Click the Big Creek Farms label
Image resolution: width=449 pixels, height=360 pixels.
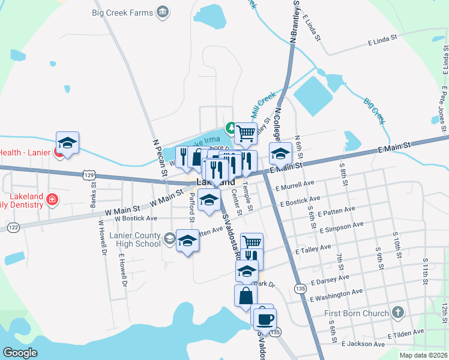tap(122, 11)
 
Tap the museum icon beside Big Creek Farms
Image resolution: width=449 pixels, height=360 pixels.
tap(161, 12)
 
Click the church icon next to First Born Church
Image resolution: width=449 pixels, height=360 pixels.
tap(397, 313)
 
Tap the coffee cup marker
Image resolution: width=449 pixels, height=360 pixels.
tap(265, 318)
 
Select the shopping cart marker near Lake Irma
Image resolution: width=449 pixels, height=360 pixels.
tap(246, 133)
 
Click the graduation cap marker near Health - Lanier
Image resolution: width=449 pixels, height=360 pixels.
tap(68, 143)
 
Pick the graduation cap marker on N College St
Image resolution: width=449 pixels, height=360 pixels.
tap(280, 154)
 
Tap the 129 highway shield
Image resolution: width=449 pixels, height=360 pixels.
tap(89, 174)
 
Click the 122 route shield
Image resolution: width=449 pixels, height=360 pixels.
tap(14, 226)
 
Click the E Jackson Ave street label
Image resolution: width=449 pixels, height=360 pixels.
tap(364, 344)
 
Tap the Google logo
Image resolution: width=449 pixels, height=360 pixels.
tap(20, 353)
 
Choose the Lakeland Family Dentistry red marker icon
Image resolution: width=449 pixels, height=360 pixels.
tap(53, 199)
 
